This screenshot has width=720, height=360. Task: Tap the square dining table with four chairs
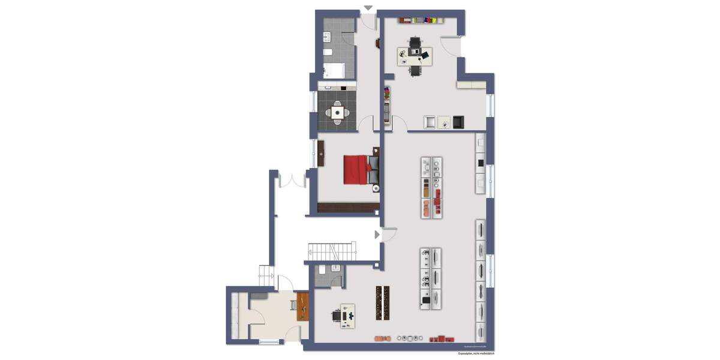click(338, 112)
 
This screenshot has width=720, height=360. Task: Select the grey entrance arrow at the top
click(368, 8)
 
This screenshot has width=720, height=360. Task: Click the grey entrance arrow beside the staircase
click(377, 235)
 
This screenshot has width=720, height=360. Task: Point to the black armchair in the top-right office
click(458, 122)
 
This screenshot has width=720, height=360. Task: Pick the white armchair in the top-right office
click(430, 122)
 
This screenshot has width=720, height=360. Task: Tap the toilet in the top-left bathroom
click(327, 53)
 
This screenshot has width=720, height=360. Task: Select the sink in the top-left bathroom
click(327, 37)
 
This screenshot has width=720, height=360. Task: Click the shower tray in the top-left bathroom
click(334, 71)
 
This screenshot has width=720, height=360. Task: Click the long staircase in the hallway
click(332, 251)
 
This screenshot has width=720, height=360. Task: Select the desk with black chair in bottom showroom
click(345, 315)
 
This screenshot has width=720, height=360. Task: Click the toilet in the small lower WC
click(322, 270)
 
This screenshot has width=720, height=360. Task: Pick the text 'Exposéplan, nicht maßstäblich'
click(476, 354)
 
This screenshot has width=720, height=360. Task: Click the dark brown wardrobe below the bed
click(349, 208)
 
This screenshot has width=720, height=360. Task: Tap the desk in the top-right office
click(415, 56)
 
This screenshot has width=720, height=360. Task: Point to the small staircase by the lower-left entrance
click(265, 275)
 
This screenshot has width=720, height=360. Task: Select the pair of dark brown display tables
click(383, 302)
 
